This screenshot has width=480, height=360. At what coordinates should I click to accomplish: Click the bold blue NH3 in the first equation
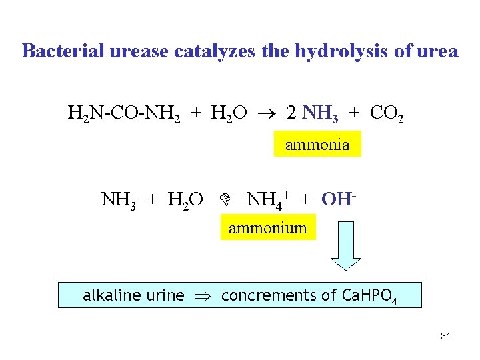click(x=321, y=113)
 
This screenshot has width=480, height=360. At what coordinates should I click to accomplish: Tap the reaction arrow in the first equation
click(x=267, y=113)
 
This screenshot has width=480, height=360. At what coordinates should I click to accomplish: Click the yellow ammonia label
click(x=317, y=145)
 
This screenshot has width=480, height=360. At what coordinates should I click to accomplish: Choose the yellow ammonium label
click(x=268, y=228)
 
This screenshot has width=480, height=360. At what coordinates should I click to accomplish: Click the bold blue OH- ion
click(x=337, y=199)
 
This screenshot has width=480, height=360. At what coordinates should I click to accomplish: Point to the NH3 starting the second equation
click(x=117, y=199)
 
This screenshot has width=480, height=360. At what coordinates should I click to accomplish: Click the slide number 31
click(x=446, y=336)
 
